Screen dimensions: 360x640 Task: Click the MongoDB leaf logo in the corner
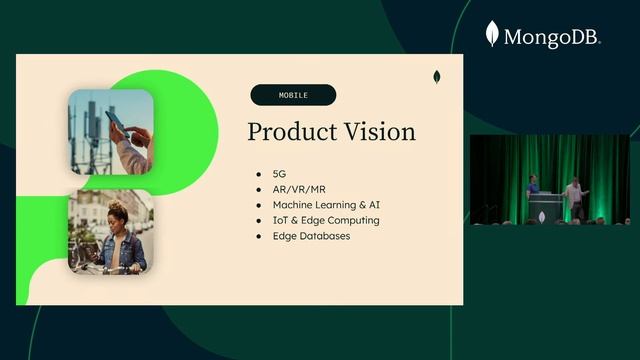492,34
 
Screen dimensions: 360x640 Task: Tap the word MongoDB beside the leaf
551,38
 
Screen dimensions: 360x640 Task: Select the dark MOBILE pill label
293,96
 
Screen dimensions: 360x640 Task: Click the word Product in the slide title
288,132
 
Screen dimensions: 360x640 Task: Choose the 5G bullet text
279,174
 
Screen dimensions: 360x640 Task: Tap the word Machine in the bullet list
294,205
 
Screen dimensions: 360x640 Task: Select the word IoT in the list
281,220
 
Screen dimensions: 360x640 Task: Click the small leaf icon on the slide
437,77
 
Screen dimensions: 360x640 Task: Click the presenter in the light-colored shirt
574,195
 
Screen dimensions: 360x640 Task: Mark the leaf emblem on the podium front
546,212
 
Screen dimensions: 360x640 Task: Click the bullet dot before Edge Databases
259,236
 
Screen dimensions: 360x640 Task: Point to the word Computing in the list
353,220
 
